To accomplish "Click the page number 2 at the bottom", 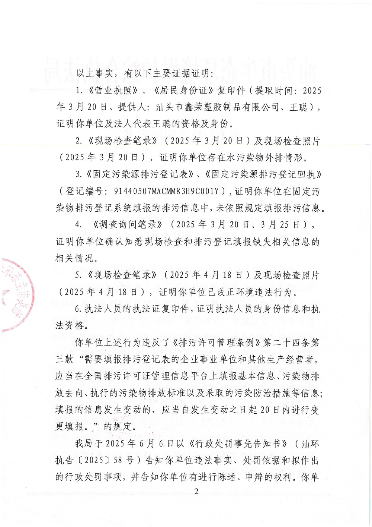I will point(196,491).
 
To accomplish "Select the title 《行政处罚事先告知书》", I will point(238,444).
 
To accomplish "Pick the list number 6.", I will point(78,309).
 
